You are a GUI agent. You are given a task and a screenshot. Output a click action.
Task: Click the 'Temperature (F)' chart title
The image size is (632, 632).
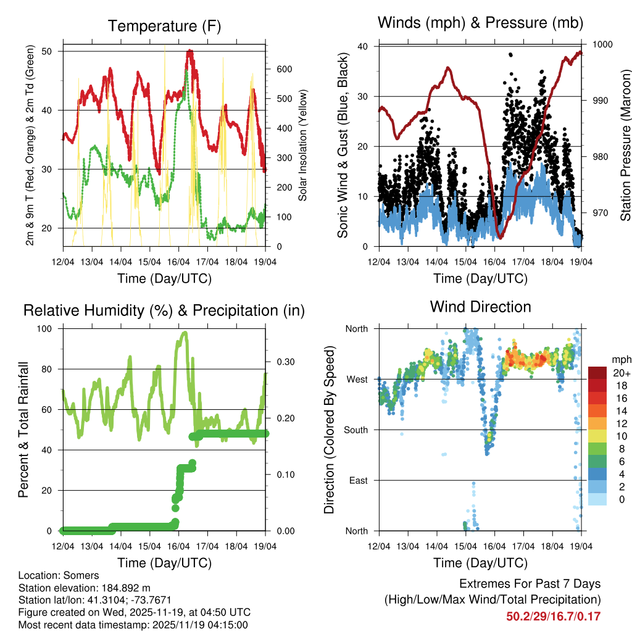point(164,26)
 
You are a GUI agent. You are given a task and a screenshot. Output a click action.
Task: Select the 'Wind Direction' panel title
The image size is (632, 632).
point(480,306)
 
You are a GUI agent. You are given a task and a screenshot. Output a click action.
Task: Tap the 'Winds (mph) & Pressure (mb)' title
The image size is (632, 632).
point(480,23)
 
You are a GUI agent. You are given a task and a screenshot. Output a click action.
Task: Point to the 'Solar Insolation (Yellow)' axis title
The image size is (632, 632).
point(303,146)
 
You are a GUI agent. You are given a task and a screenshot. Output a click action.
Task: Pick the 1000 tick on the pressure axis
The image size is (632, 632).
point(602,44)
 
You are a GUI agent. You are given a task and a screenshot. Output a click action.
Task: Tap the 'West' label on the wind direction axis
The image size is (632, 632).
point(356,379)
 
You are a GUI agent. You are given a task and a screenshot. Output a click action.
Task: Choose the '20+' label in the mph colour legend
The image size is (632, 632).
point(621,373)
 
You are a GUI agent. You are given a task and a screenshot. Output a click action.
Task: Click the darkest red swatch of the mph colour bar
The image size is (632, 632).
point(597,373)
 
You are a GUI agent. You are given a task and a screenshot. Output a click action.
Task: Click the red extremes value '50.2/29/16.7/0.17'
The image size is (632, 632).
point(553,617)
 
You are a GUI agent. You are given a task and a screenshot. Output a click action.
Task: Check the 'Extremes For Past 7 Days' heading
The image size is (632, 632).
point(530,584)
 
